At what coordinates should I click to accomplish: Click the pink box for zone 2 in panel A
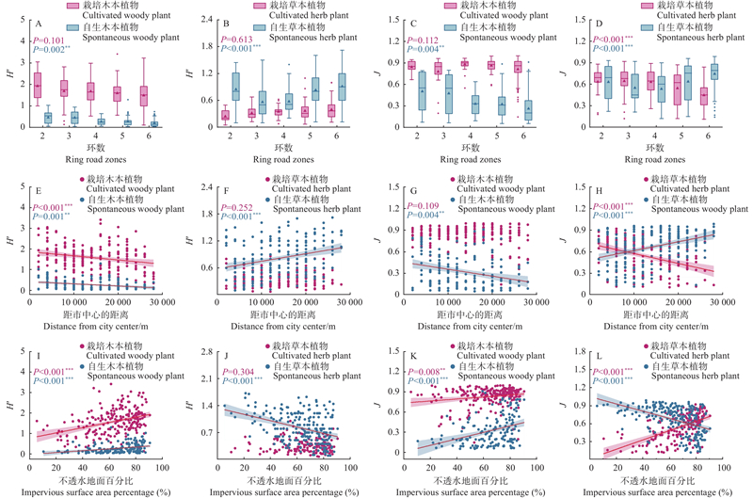click(38, 85)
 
